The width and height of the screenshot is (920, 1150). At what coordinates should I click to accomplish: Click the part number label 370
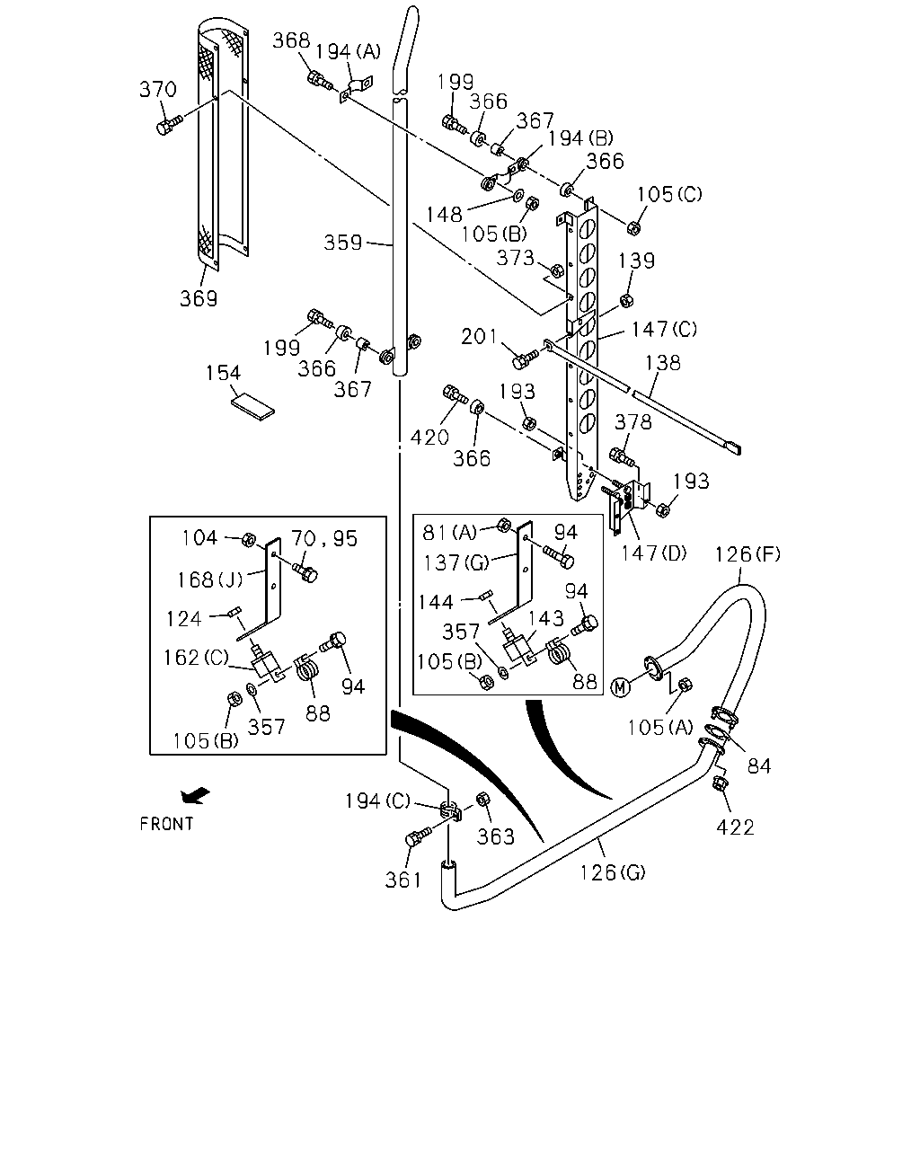pos(158,89)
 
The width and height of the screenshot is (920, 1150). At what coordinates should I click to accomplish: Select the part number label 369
pos(199,298)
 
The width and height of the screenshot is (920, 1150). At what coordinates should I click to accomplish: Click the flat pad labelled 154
pos(252,407)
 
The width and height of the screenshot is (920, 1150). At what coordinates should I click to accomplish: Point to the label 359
pos(342,243)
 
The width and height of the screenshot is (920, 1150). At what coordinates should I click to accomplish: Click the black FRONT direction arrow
pos(196,796)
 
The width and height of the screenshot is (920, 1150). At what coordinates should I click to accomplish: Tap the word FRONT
pos(166,824)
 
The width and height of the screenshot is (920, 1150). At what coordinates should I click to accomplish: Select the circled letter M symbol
pos(620,687)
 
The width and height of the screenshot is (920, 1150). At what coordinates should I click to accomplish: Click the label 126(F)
pos(747,554)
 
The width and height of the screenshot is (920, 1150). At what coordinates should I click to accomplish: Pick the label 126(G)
pos(613,872)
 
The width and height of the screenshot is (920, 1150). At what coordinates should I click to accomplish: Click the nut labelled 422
pos(720,784)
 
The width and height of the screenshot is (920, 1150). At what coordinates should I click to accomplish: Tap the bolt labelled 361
pos(418,836)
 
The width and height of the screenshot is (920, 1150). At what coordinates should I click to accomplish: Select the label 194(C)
pos(377,801)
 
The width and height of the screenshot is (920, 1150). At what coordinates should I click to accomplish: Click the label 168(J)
pos(210,579)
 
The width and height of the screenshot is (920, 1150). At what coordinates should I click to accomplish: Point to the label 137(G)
pos(456,562)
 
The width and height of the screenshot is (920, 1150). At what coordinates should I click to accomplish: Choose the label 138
pos(662,363)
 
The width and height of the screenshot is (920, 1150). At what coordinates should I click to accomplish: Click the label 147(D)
pos(653,553)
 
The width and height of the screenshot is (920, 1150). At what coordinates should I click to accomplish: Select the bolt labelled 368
pos(320,81)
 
